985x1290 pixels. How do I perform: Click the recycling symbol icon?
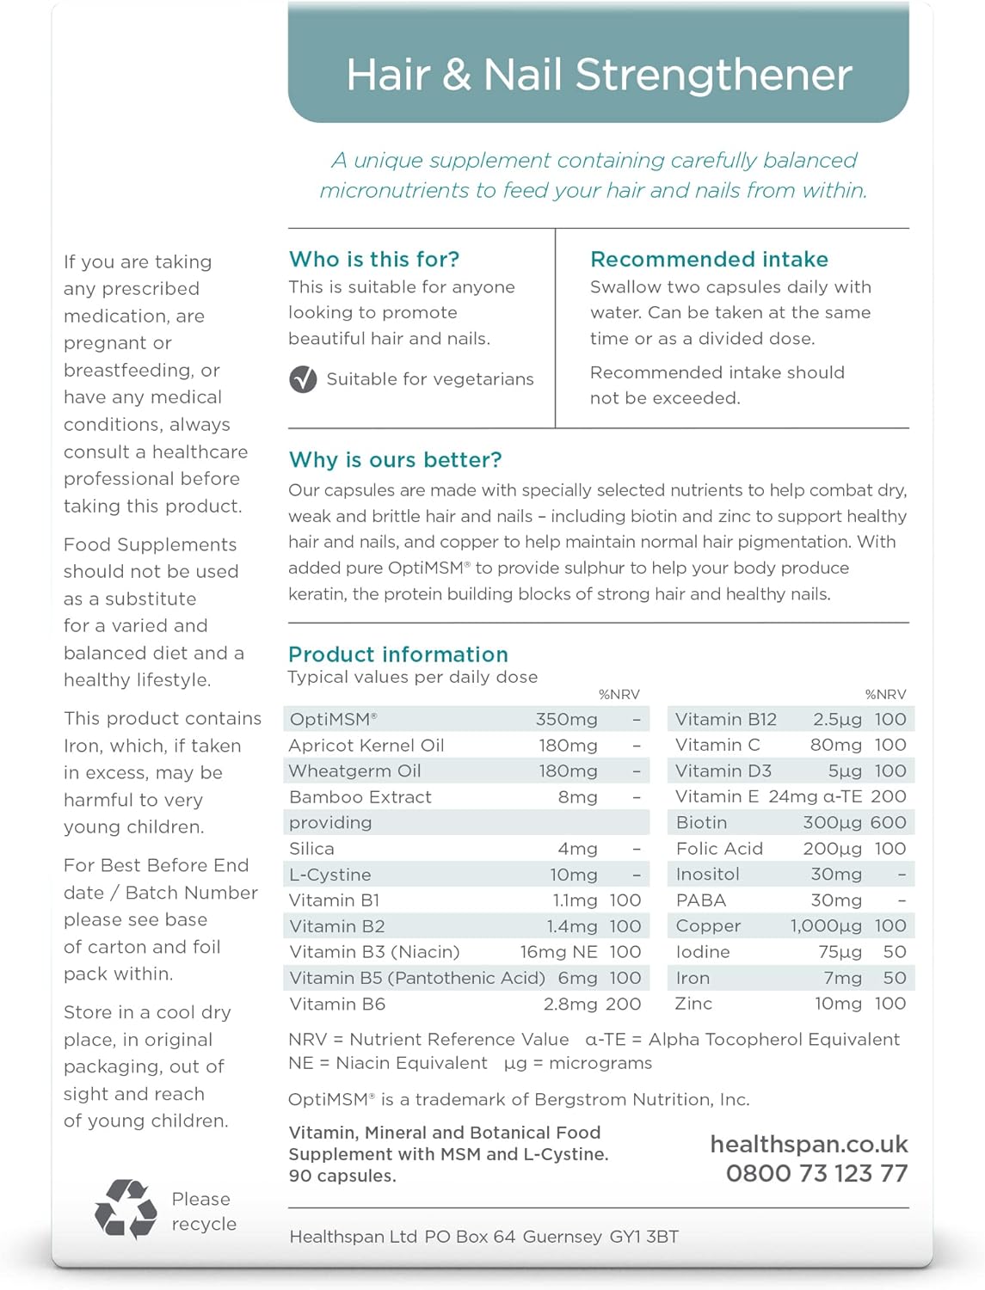[126, 1208]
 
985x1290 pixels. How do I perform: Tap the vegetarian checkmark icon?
[303, 379]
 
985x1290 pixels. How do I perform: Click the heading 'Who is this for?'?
[374, 259]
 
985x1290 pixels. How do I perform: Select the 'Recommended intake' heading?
[709, 259]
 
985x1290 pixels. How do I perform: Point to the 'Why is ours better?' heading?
[395, 459]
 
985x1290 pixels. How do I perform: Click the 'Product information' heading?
[398, 654]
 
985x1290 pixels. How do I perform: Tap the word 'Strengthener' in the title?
[713, 75]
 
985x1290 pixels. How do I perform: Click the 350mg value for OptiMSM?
[566, 719]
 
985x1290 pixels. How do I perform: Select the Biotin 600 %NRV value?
[888, 822]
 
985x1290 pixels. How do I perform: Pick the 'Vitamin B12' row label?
[726, 719]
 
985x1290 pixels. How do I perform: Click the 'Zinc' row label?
[694, 1004]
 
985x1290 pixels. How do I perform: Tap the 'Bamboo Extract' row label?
[360, 797]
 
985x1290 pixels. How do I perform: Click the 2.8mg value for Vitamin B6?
[569, 1004]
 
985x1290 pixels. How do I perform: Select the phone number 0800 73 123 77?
[816, 1173]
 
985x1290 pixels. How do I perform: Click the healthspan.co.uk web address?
[809, 1144]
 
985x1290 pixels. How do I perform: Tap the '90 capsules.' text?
[342, 1176]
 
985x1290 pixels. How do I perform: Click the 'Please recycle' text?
[203, 1211]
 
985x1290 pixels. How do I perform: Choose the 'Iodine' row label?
[703, 952]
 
